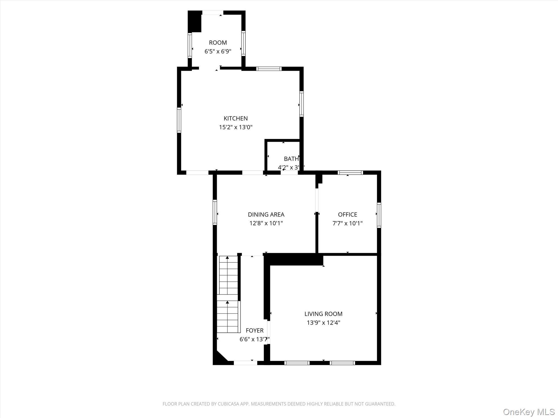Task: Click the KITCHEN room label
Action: pos(236,118)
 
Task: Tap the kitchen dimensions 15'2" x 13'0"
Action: pos(236,127)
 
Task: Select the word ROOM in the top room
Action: pos(218,43)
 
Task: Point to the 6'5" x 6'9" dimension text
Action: pos(218,51)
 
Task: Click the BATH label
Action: pos(291,159)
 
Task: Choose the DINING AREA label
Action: pos(266,214)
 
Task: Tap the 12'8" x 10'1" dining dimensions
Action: pos(266,223)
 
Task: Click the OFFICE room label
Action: pos(347,214)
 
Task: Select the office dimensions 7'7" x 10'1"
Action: pos(347,223)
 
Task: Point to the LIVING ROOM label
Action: pos(323,314)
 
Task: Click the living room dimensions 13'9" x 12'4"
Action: pos(323,323)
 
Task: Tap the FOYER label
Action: pos(254,330)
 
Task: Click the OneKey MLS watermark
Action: pos(529,412)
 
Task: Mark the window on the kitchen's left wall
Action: pos(179,120)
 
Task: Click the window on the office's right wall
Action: pos(379,215)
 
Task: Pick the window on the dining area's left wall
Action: pos(215,212)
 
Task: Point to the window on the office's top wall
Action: pos(350,172)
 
